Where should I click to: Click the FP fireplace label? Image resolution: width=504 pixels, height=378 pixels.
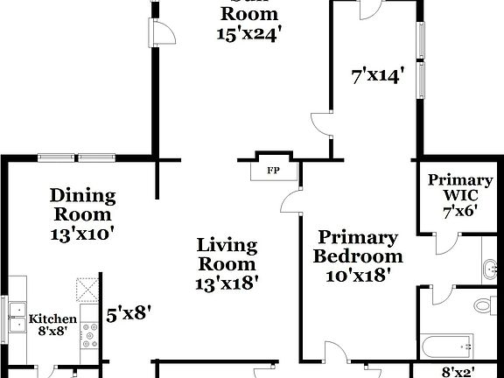click(x=272, y=170)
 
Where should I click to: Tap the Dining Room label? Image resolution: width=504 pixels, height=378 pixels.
click(x=82, y=205)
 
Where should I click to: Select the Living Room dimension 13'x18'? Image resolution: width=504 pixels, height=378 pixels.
click(x=226, y=283)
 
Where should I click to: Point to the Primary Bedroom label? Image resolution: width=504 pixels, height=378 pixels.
click(x=358, y=247)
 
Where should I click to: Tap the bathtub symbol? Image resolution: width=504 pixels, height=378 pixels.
click(x=447, y=346)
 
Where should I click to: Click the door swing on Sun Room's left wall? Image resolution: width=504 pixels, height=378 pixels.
click(x=164, y=32)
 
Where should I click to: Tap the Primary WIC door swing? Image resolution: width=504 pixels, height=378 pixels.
click(x=444, y=245)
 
